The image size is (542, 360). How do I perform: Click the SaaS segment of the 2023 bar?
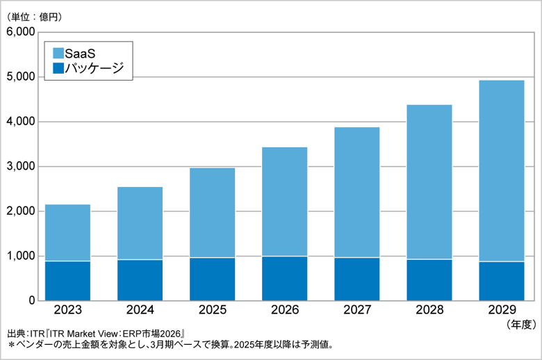pos(67,233)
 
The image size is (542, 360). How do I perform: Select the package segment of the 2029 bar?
pos(501,281)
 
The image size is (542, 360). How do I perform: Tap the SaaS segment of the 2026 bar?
pos(284,202)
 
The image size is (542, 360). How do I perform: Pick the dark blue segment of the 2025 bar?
pos(212,279)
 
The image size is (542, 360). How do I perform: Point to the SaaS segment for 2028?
pos(429,182)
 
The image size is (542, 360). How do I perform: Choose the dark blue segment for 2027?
pos(356,279)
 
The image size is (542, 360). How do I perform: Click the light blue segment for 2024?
pos(140,223)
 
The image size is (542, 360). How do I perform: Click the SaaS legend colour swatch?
pos(58,53)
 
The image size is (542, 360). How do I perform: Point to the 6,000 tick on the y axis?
pos(20,32)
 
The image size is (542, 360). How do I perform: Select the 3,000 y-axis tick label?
pos(20,166)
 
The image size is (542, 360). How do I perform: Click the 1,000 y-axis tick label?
pos(20,256)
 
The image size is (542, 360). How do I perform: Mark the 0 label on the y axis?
pos(31,300)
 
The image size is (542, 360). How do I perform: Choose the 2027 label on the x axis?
pos(356,311)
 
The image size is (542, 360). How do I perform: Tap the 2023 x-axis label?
pos(67,311)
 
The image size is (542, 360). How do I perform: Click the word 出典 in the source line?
pos(15,334)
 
